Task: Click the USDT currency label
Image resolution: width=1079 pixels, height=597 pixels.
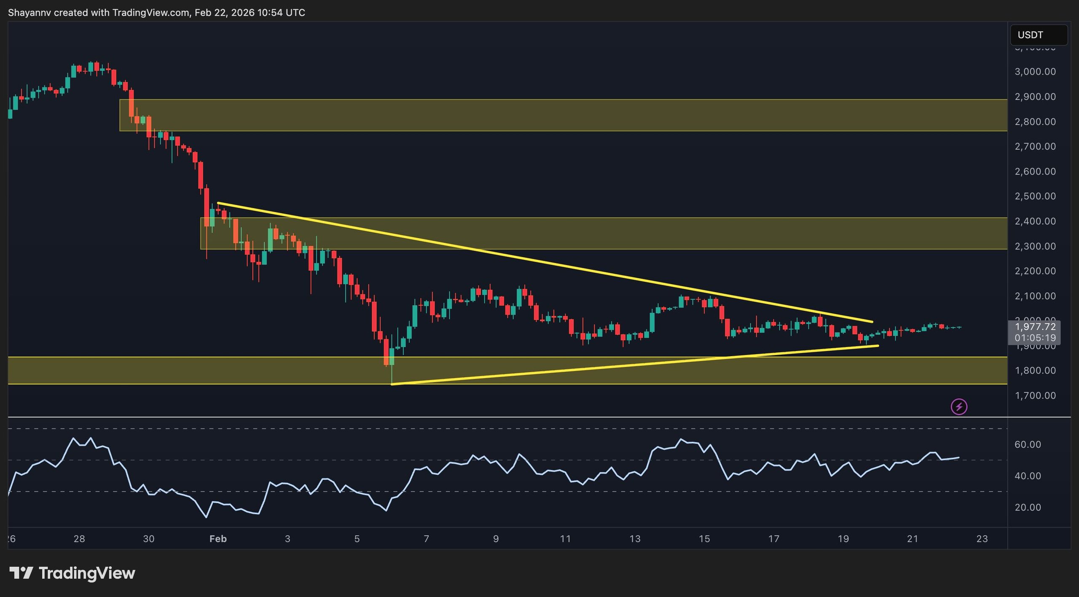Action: tap(1030, 35)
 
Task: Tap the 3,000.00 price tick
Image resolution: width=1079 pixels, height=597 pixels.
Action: tap(1035, 72)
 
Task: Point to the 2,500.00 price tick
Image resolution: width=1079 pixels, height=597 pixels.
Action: tap(1035, 196)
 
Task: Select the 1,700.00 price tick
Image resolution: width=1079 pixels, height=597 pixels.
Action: tap(1035, 396)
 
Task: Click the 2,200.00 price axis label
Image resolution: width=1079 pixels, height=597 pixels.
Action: tap(1035, 271)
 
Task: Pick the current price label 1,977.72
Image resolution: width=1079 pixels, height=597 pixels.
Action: tap(1035, 327)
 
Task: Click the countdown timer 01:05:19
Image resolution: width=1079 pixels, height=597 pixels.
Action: tap(1035, 338)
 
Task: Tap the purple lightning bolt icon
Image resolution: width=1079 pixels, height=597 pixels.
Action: tap(959, 407)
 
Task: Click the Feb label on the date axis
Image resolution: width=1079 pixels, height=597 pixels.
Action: tap(218, 539)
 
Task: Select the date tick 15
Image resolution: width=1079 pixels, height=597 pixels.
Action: tap(704, 539)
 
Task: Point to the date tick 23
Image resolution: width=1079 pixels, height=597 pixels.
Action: tap(982, 539)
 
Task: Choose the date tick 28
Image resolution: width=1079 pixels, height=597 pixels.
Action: tap(79, 539)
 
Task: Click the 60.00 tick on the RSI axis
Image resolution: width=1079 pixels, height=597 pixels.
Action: tap(1028, 444)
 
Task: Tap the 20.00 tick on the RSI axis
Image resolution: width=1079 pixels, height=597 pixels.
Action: tap(1028, 507)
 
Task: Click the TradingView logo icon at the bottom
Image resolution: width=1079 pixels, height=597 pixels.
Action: tap(21, 573)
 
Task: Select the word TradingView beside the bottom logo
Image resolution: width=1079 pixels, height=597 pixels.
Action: tap(87, 573)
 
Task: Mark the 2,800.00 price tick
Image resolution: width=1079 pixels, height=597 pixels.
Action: tap(1035, 122)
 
